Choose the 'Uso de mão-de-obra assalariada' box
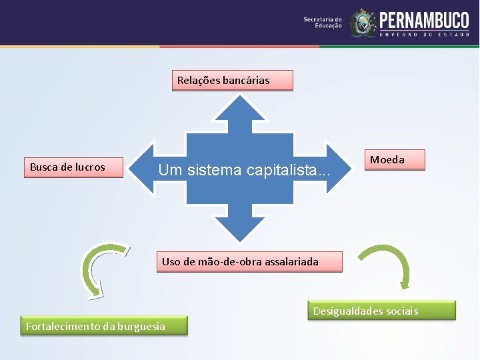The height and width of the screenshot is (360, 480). coord(249,262)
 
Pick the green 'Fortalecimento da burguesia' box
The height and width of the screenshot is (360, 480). coord(103,326)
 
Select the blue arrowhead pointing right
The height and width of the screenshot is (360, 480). coord(336,169)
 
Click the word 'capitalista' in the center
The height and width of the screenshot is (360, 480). coord(287,171)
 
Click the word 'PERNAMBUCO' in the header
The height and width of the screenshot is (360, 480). coord(424,20)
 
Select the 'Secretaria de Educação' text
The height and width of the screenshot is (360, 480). coord(323,22)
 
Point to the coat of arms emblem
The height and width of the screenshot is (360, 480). coord(363,23)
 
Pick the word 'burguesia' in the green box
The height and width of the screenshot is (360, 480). coord(141,326)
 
